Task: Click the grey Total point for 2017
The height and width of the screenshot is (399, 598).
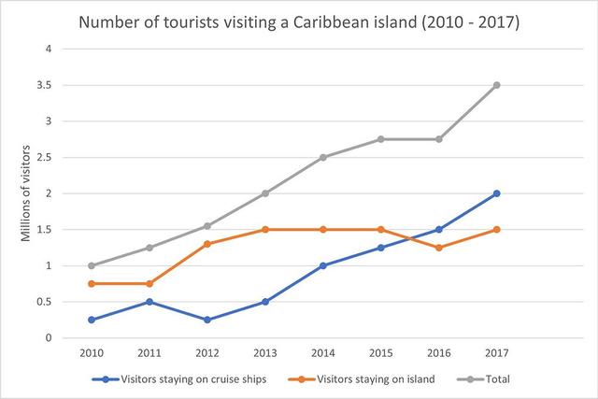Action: click(x=496, y=85)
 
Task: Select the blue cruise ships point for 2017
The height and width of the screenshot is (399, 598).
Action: click(x=496, y=193)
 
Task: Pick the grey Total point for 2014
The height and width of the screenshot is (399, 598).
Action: click(x=322, y=157)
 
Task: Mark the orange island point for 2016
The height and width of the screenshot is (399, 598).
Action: click(x=438, y=248)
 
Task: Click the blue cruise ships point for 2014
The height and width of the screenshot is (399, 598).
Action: click(x=322, y=265)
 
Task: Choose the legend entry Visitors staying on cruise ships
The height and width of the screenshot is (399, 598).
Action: click(x=186, y=379)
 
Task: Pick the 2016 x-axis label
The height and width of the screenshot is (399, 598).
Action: click(x=438, y=353)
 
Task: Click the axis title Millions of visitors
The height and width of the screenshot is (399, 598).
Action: click(x=26, y=193)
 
